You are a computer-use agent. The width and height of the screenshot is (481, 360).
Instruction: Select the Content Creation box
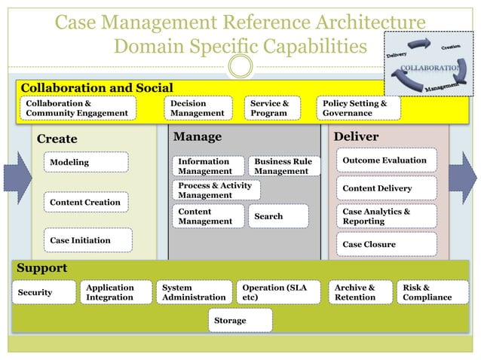click(84, 203)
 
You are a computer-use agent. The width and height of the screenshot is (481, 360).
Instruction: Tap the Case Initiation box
click(87, 240)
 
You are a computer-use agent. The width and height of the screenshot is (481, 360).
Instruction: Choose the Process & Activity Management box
click(215, 190)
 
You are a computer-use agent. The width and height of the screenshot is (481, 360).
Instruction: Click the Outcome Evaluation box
click(385, 160)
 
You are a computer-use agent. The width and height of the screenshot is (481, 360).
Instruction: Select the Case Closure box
click(385, 244)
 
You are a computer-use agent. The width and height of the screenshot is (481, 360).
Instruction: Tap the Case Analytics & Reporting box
click(385, 216)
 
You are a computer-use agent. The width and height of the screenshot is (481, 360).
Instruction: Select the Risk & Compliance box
click(432, 292)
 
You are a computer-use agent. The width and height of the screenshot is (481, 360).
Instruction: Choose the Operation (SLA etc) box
click(279, 292)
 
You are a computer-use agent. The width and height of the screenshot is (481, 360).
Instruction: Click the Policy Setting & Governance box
click(358, 108)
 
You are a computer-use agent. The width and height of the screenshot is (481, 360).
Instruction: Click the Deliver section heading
click(356, 137)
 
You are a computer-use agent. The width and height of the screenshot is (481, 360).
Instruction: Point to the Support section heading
click(42, 268)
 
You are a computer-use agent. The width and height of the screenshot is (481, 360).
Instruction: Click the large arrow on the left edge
click(17, 178)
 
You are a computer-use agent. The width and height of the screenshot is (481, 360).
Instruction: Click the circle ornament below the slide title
click(240, 67)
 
